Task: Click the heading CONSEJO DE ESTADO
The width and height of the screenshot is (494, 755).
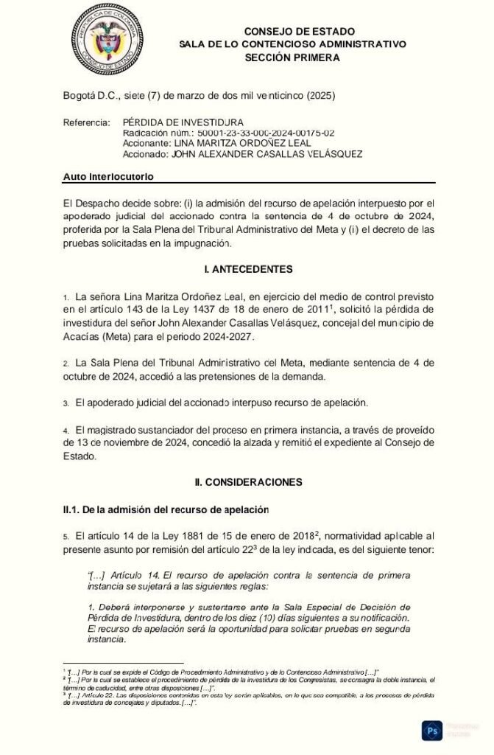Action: [x=299, y=32]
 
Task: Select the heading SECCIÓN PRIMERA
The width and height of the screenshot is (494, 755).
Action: [x=292, y=57]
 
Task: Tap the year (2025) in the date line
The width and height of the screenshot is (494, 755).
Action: [x=323, y=96]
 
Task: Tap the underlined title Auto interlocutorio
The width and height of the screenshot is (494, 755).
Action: [x=108, y=176]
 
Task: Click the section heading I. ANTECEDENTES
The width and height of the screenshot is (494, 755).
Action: [x=247, y=268]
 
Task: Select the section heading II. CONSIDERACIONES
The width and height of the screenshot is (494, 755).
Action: [x=248, y=481]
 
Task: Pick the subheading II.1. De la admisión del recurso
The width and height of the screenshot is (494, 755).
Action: [x=166, y=509]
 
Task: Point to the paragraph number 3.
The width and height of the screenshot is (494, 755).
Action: [x=66, y=404]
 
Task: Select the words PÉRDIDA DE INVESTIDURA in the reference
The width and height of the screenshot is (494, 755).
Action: [x=183, y=122]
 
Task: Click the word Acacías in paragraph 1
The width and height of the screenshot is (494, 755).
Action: [x=81, y=336]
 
